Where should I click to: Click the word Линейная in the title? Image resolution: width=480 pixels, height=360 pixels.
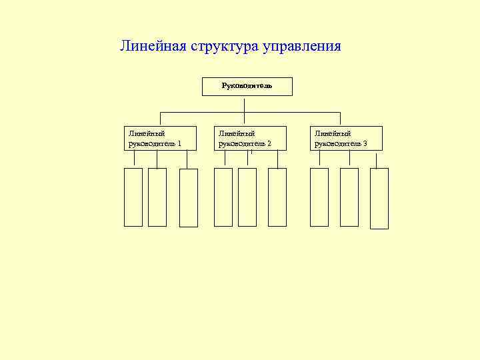point(153,47)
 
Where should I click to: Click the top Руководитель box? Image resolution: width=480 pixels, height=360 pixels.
point(247,86)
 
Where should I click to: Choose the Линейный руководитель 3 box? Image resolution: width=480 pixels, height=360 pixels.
point(347,138)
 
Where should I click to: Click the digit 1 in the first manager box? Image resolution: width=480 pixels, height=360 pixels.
point(179,143)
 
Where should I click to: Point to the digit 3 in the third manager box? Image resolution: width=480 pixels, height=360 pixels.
point(365,143)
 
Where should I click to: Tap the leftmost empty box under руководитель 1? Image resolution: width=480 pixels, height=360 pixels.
point(133,197)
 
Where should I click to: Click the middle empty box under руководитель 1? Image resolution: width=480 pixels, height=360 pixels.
point(157,197)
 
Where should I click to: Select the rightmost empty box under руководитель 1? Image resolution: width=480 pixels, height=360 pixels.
point(189,197)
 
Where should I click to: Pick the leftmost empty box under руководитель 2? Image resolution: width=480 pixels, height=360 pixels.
point(223,197)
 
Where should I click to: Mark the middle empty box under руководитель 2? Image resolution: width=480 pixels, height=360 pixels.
point(247,197)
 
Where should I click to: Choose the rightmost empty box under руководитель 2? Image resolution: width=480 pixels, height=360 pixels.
point(277,197)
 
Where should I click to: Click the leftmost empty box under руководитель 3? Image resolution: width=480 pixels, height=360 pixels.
point(319,197)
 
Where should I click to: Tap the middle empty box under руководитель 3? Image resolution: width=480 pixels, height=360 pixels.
point(349,197)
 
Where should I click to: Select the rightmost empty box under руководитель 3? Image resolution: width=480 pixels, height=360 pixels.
point(379,198)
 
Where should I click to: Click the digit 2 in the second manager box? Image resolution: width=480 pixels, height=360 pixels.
point(269,143)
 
